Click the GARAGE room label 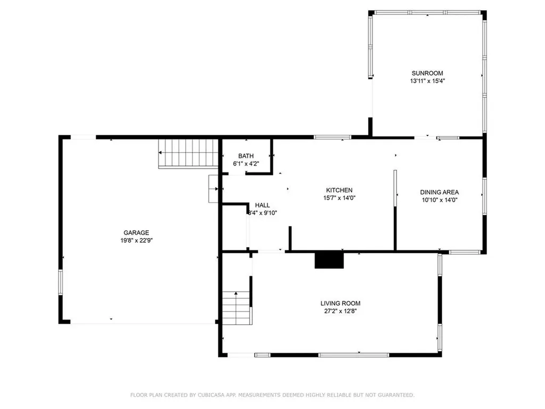136,232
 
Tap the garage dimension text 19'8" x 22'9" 136,240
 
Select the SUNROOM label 427,73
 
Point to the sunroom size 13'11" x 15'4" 427,81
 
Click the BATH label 246,156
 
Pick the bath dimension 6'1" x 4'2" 246,164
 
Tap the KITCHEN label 340,190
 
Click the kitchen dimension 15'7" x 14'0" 340,198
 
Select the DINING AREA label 439,192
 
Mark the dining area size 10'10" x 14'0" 439,200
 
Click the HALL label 262,205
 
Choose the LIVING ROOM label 344,304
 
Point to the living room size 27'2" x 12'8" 344,312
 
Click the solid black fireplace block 329,260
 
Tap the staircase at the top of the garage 189,153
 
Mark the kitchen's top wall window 332,137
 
